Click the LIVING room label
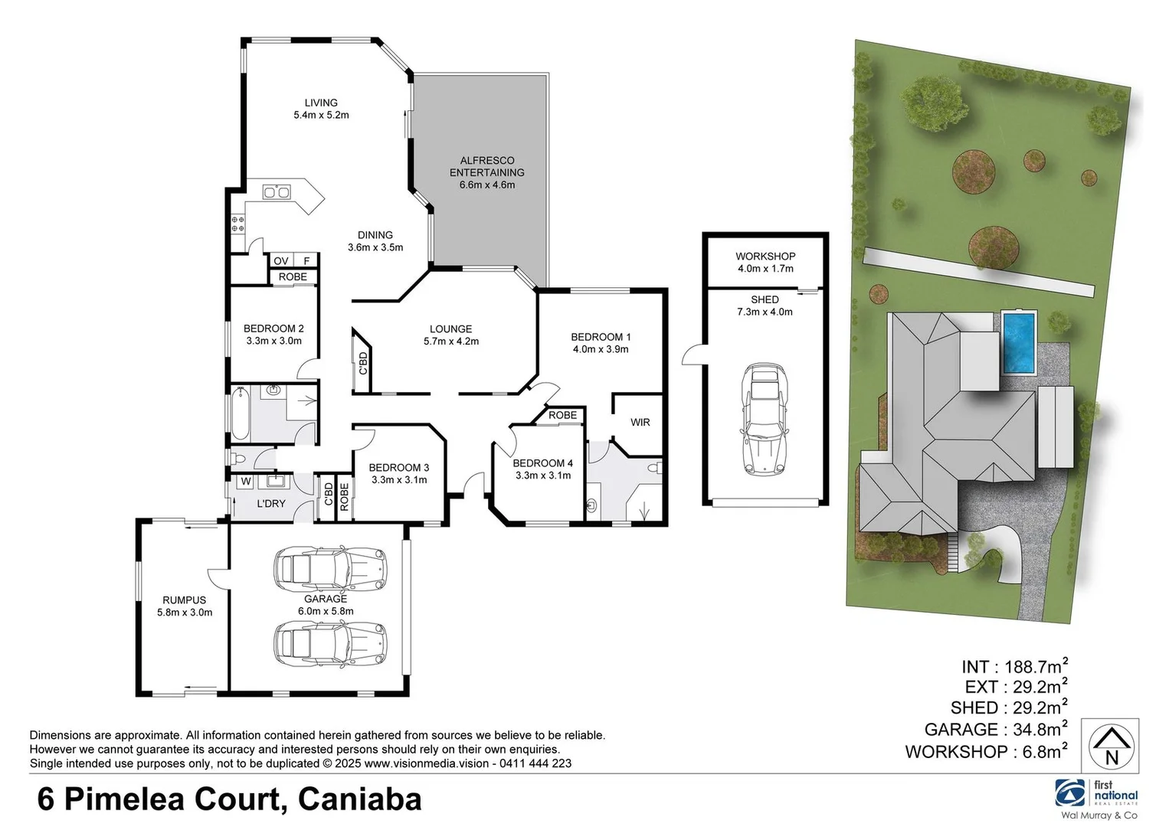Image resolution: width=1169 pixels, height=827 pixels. (321, 103)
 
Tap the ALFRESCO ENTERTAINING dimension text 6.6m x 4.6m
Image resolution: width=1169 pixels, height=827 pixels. (487, 185)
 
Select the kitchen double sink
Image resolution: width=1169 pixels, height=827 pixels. (276, 192)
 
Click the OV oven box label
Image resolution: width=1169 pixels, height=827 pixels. (281, 261)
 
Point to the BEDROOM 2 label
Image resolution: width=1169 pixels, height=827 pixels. (273, 329)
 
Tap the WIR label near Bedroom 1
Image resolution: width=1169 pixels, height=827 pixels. (640, 423)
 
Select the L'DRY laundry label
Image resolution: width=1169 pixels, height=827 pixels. (270, 504)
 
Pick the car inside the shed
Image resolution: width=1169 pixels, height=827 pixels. (764, 420)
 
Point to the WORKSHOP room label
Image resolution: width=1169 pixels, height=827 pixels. (765, 257)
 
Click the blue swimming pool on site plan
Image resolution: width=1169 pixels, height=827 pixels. (1019, 342)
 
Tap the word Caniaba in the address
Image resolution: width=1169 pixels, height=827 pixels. (359, 799)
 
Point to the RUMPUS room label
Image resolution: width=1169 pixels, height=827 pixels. (184, 600)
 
